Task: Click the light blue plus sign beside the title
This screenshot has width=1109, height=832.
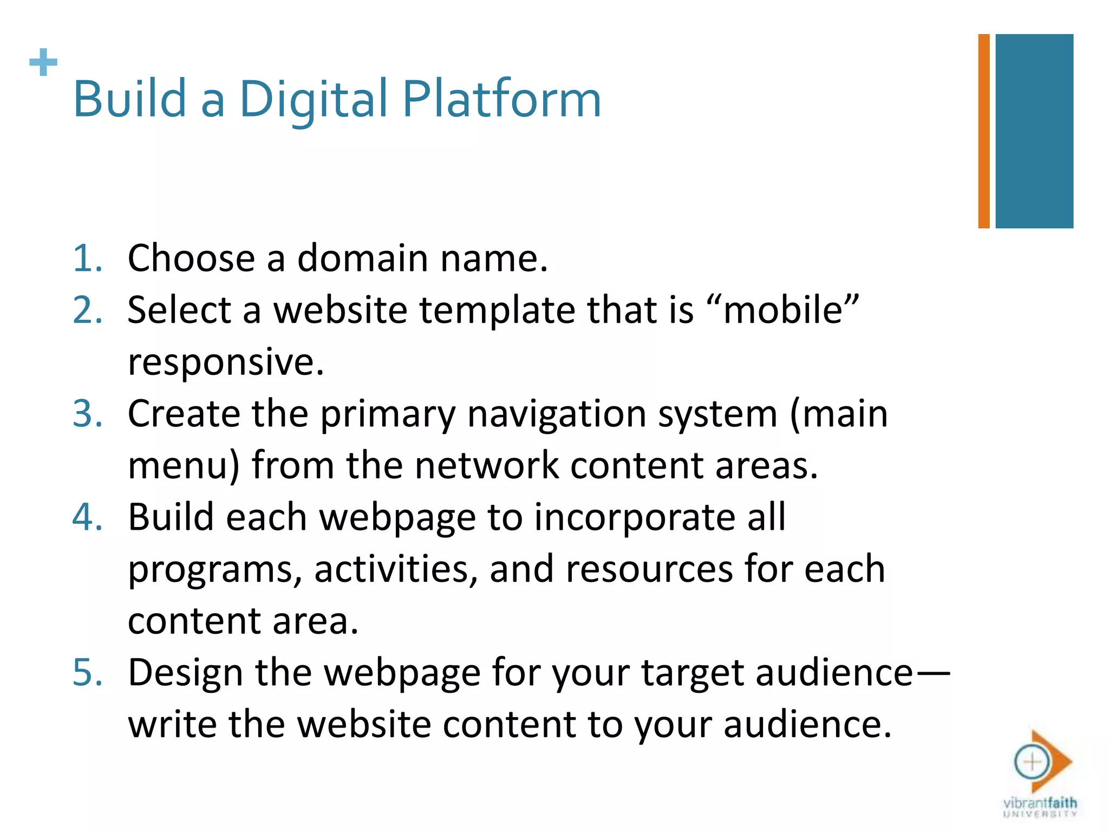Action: click(x=43, y=62)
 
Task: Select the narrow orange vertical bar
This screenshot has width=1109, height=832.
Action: click(x=983, y=131)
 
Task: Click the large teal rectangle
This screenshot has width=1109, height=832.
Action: click(x=1034, y=131)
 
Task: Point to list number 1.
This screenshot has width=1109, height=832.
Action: click(x=87, y=258)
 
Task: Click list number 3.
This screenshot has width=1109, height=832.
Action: click(x=87, y=414)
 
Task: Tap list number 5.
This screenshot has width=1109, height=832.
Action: click(x=87, y=673)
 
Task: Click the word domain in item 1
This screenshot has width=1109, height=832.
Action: click(x=362, y=258)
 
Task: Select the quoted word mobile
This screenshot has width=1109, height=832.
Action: click(x=782, y=310)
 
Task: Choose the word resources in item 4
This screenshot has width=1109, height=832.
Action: click(x=649, y=569)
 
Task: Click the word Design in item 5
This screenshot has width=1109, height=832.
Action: click(x=185, y=673)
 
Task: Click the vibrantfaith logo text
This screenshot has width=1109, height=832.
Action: click(x=1040, y=803)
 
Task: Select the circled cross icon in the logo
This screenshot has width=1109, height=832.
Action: click(x=1032, y=762)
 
